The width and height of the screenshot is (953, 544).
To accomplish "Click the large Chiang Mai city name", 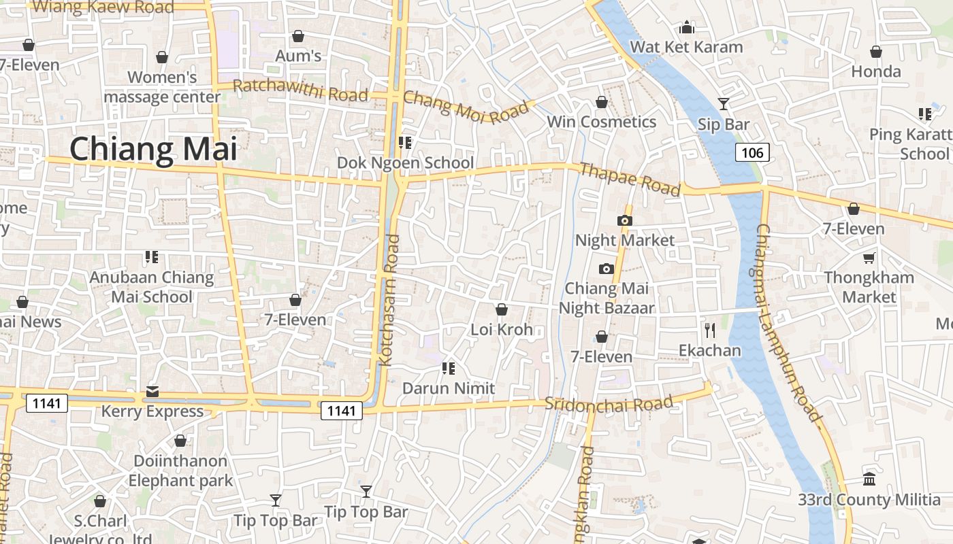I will coord(153,149).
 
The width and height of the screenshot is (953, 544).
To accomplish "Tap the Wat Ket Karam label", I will coord(686,47).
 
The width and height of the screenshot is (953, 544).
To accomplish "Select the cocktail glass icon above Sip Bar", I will coord(724,104).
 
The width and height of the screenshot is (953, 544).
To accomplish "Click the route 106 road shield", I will coord(752,152).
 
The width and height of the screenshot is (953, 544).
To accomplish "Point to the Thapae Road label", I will coord(630,179).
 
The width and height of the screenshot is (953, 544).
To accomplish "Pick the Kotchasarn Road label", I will coord(389,300).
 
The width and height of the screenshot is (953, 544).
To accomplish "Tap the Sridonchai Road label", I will coord(609,404).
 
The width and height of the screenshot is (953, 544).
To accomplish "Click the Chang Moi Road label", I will coord(466,107).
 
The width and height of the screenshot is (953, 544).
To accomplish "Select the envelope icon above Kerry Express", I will coord(152,392).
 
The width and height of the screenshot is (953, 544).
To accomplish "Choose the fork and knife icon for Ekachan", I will coord(710,330).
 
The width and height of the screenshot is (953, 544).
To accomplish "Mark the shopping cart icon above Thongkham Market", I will coord(869,258).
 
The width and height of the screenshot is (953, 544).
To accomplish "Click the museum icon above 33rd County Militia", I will coord(869,479).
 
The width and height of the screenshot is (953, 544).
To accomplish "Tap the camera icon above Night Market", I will coord(624,220).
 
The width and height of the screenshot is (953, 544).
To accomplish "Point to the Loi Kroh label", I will coord(502,330).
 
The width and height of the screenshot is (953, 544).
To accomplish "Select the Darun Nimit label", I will coord(449,388).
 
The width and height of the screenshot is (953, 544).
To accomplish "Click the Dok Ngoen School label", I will coord(406,163).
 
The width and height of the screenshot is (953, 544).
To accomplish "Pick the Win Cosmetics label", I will coord(602,122).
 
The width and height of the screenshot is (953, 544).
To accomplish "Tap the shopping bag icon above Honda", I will coord(876,52).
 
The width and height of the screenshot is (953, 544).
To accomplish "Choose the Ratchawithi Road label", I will coord(300,90).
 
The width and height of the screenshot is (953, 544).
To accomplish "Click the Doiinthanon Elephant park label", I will coord(180,471).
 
